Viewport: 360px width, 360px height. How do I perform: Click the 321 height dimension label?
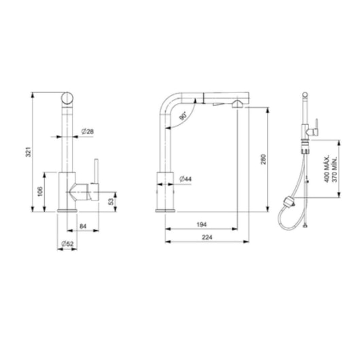pyautogui.click(x=28, y=154)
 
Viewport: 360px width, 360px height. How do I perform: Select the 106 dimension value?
pyautogui.click(x=40, y=191)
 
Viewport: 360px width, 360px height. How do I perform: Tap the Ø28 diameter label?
pyautogui.click(x=87, y=130)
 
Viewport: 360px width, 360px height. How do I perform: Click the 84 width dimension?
pyautogui.click(x=82, y=227)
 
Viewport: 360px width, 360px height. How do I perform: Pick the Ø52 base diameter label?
pyautogui.click(x=67, y=243)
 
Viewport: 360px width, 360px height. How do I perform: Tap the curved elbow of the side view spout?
pyautogui.click(x=170, y=104)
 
